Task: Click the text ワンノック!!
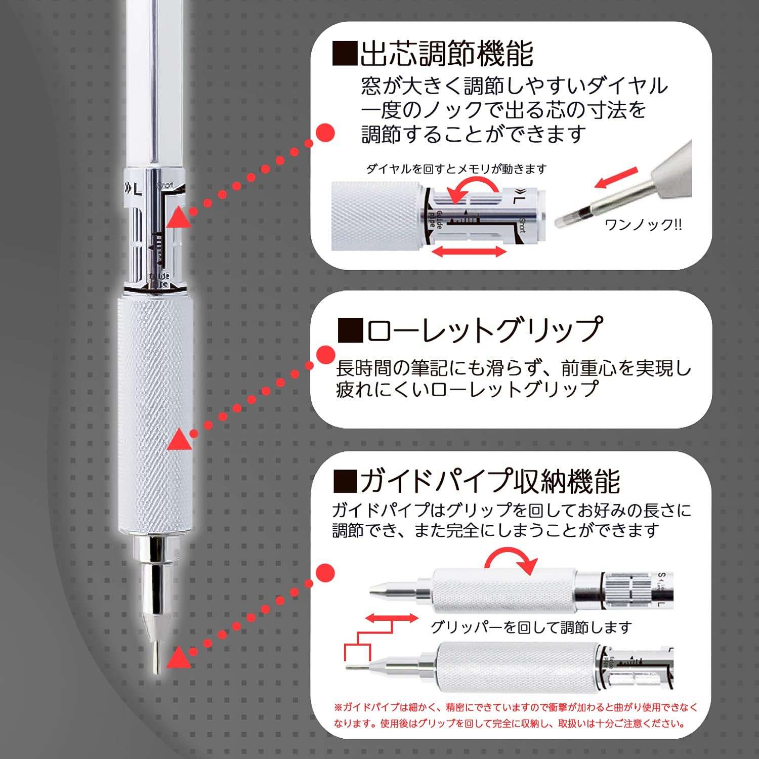coord(643,225)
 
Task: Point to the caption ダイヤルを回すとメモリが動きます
coord(456,169)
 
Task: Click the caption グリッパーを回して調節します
coord(531,627)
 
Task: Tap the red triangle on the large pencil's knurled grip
coord(179,439)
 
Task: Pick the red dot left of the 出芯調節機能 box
coord(325,133)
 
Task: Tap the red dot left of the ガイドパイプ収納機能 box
coord(325,573)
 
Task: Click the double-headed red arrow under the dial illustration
coord(470,251)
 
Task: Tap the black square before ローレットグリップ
coord(350,330)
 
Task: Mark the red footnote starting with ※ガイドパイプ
coord(515,715)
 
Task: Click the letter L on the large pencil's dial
coord(138,190)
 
